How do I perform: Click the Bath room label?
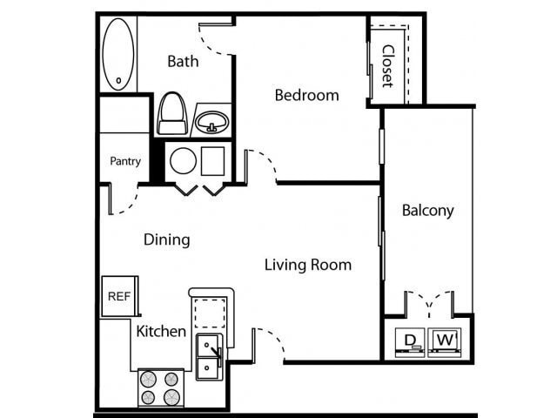pos(183,61)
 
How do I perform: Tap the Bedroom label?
pos(306,95)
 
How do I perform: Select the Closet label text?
pos(387,66)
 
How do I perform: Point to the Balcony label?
pos(427,210)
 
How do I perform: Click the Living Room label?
pos(308,264)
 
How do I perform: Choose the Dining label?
pos(166,239)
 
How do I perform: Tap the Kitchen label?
pos(160,331)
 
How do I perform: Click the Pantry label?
pos(125,161)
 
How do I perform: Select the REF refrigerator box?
pos(117,296)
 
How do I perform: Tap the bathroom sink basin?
pos(211,120)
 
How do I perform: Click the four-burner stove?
pos(161,388)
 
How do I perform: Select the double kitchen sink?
pos(209,357)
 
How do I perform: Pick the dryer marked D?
pos(407,340)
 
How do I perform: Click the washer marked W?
pos(445,340)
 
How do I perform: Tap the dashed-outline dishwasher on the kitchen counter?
pos(209,312)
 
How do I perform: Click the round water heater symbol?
pos(183,160)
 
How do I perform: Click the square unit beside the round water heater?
pos(213,160)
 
